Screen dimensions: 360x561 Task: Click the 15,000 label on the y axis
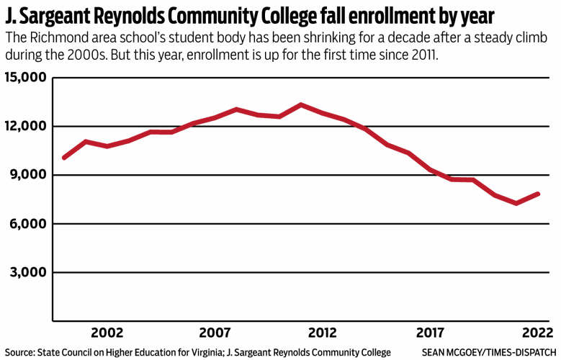click(25, 78)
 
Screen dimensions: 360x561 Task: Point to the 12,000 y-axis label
click(25, 127)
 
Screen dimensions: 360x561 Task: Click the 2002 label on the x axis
click(107, 333)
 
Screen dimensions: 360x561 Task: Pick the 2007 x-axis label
click(215, 333)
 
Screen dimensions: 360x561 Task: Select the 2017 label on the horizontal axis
click(430, 333)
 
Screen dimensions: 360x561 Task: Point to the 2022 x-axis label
click(537, 333)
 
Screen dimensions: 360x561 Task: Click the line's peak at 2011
click(301, 105)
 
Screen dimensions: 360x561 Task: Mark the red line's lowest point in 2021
click(516, 203)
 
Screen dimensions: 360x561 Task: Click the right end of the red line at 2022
click(538, 194)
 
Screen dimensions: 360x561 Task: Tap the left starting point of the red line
click(64, 157)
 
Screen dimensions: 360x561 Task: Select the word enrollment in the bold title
click(399, 15)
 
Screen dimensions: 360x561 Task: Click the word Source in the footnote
click(19, 352)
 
